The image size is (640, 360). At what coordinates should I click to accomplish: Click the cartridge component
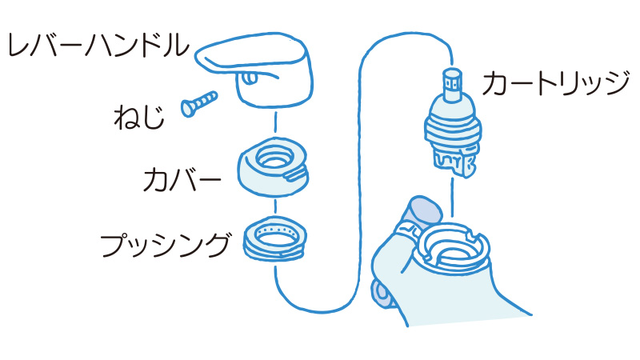(454, 124)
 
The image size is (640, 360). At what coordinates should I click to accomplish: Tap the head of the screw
(189, 106)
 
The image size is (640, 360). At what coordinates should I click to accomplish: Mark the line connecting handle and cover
(275, 123)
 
